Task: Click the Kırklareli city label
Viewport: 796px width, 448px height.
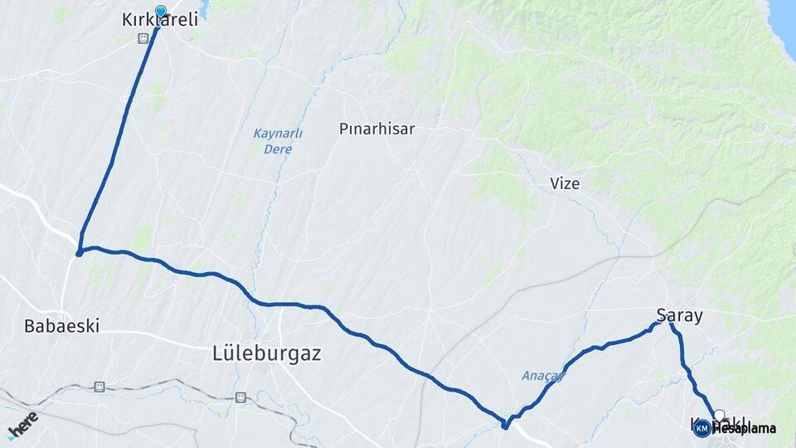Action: pyautogui.click(x=160, y=21)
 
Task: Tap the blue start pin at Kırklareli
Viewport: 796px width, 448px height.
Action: pyautogui.click(x=160, y=12)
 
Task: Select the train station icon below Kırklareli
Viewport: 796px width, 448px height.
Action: pyautogui.click(x=143, y=38)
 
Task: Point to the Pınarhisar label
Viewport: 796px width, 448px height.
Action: pyautogui.click(x=376, y=129)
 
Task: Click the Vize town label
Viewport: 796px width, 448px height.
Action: pyautogui.click(x=565, y=183)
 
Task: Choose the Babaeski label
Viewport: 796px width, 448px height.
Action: pyautogui.click(x=61, y=326)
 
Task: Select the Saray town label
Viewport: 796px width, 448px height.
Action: pyautogui.click(x=679, y=315)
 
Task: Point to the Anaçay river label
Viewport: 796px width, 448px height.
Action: pyautogui.click(x=542, y=376)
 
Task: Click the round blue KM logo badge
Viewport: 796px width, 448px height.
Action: pyautogui.click(x=701, y=428)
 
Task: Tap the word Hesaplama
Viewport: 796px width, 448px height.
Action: pyautogui.click(x=744, y=429)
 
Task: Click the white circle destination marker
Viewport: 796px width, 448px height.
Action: pyautogui.click(x=719, y=416)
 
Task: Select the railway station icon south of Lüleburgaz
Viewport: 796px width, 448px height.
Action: pyautogui.click(x=240, y=397)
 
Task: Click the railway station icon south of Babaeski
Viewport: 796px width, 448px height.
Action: pyautogui.click(x=99, y=387)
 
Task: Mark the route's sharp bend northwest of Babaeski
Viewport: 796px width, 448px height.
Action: pyautogui.click(x=80, y=251)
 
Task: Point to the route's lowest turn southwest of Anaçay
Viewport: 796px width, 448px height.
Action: pyautogui.click(x=504, y=426)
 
